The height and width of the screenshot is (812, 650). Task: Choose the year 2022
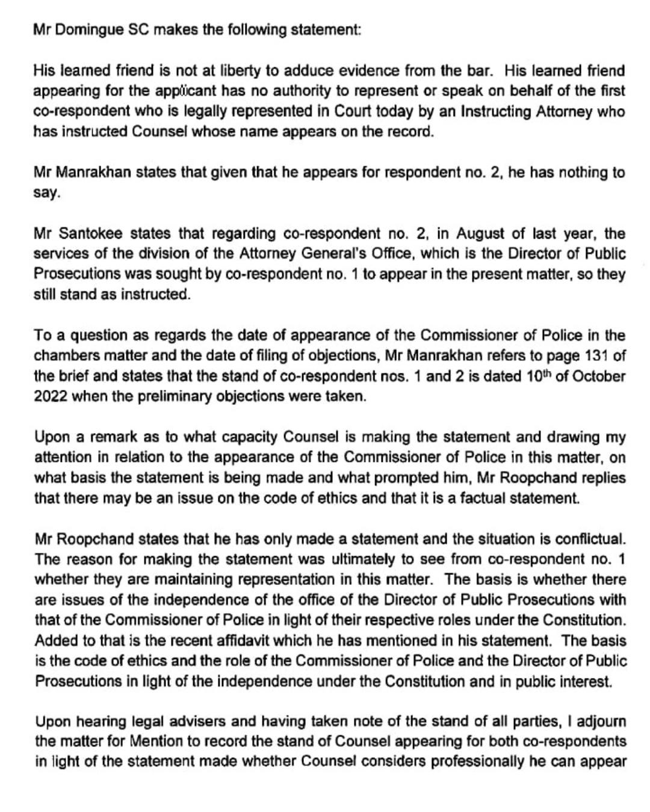click(51, 397)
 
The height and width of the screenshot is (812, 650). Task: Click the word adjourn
click(596, 721)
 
